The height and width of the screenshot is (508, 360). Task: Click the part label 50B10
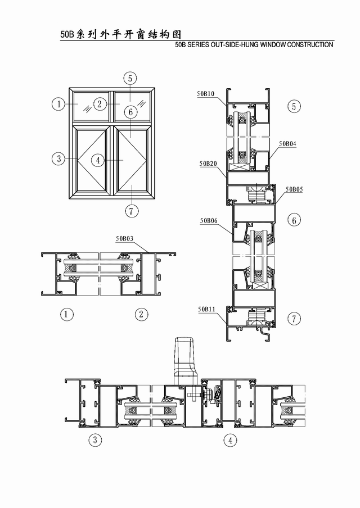[206, 94]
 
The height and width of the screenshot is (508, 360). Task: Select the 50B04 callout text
[287, 143]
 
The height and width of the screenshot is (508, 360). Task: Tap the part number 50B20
[208, 164]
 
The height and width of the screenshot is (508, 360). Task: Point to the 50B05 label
[294, 189]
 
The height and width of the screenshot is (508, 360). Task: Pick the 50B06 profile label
[209, 221]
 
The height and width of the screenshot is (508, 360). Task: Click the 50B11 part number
[206, 309]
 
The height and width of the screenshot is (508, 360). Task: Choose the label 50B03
[124, 239]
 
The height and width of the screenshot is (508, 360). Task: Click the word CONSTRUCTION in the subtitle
[310, 45]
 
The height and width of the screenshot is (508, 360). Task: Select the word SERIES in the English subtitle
[199, 45]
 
